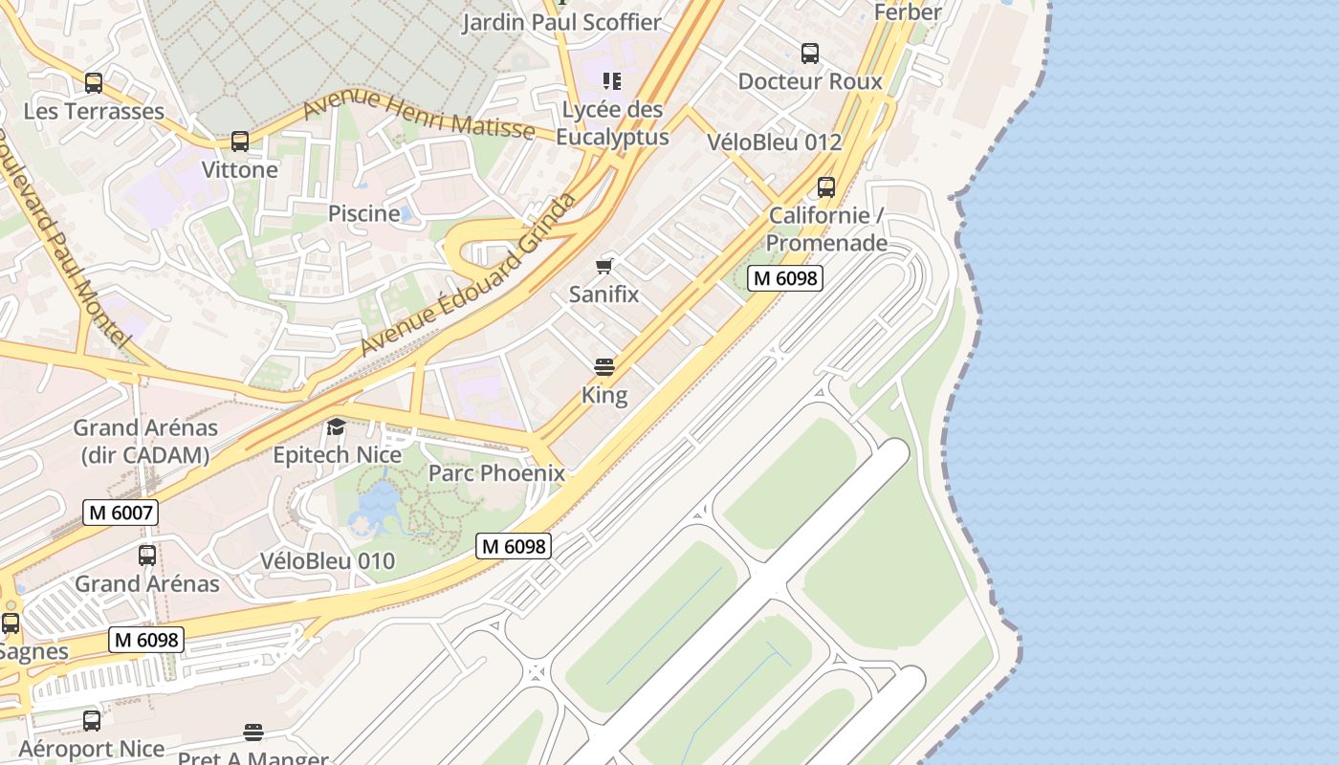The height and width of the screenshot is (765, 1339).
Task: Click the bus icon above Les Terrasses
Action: coord(94,83)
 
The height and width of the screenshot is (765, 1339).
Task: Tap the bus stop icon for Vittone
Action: coord(240,142)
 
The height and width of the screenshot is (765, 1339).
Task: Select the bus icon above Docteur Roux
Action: coord(810,54)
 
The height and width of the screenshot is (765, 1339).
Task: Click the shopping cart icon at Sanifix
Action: coord(604,266)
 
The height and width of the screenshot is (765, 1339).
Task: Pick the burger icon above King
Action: coord(604,366)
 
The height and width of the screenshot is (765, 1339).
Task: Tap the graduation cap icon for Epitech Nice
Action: coord(336,426)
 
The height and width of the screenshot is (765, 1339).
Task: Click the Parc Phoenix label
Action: coord(496,472)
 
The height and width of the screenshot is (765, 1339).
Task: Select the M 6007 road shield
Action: coord(121,513)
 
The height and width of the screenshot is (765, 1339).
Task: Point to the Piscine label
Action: coord(363,213)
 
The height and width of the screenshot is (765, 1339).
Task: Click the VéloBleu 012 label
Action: coord(774,142)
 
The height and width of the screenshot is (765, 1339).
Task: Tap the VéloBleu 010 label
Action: coord(327,560)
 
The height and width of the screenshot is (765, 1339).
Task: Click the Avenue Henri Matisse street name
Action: coord(418,114)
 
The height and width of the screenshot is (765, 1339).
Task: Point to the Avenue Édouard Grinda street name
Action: coord(470,275)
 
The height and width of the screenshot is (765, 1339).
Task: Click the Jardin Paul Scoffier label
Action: coord(561,22)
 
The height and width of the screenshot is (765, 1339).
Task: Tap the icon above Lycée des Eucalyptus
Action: coord(611,81)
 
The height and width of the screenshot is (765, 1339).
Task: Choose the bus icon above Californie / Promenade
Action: coord(826,187)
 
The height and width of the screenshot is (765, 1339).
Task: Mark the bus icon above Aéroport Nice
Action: coord(92,721)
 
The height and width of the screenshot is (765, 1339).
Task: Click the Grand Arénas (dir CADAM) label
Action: coord(145,441)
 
